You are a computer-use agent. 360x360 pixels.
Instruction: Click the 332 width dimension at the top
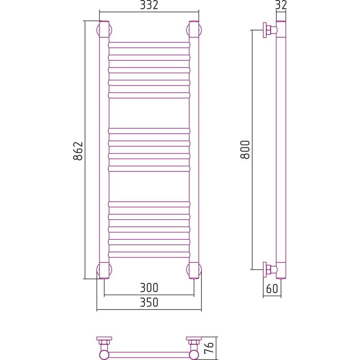[x=149, y=5]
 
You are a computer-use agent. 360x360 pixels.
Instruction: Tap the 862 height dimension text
[x=78, y=151]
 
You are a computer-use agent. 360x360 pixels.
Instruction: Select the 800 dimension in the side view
[x=245, y=150]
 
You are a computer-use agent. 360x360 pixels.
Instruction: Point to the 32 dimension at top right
[x=281, y=5]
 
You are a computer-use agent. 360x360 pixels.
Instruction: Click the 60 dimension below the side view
[x=272, y=288]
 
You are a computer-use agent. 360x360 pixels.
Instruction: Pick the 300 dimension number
[x=149, y=288]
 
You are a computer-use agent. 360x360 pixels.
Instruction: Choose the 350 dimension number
[x=149, y=302]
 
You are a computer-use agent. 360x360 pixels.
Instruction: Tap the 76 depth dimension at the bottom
[x=209, y=348]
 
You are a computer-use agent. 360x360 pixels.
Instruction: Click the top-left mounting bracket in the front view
[x=104, y=30]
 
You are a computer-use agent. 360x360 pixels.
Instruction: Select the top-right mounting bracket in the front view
[x=194, y=30]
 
